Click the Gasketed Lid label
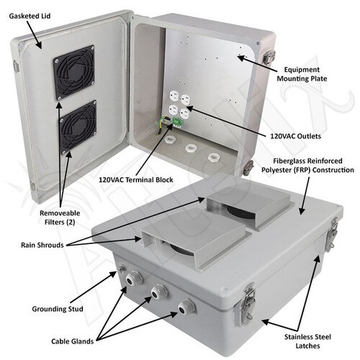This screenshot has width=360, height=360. [30, 16]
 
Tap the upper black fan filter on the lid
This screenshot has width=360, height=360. [74, 73]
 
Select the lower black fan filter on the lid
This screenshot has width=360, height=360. [78, 127]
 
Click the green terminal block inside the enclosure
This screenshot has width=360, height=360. [178, 122]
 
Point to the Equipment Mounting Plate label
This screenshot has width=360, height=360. [302, 74]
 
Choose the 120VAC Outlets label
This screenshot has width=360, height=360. [296, 136]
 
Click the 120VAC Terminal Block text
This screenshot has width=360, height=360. [136, 180]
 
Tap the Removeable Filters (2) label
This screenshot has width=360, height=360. [60, 217]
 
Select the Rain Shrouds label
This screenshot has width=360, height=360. [42, 245]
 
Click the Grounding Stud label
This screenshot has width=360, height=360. [58, 309]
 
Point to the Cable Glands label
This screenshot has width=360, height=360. [72, 341]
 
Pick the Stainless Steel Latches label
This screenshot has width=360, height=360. [307, 341]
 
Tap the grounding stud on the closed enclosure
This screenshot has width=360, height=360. [122, 269]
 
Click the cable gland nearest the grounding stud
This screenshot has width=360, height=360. [133, 279]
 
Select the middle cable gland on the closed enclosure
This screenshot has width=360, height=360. [159, 292]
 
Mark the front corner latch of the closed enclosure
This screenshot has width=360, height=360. [247, 304]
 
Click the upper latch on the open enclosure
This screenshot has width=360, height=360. [269, 58]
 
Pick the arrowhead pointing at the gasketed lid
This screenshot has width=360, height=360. [39, 45]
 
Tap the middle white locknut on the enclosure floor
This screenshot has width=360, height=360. [191, 148]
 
